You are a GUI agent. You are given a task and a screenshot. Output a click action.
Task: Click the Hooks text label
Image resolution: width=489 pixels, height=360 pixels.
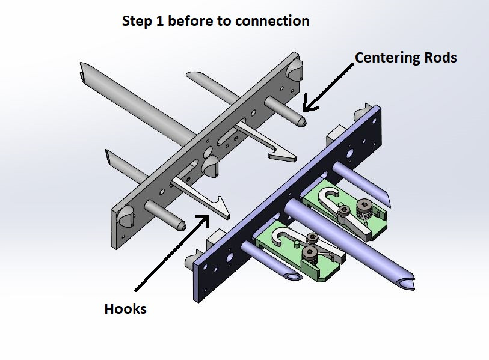125,309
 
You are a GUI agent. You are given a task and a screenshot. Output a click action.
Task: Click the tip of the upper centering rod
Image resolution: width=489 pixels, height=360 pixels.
303,123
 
